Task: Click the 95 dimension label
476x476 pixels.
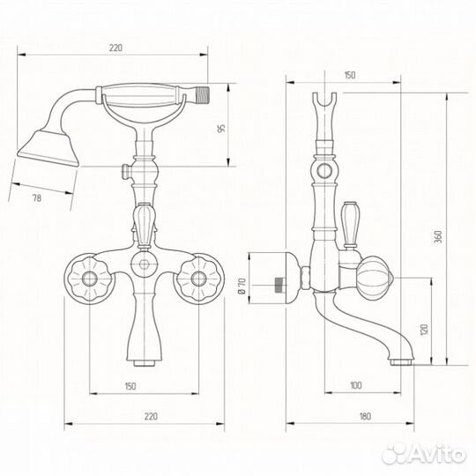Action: (222, 128)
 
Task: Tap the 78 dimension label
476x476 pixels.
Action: (37, 198)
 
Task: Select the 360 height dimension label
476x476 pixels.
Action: (438, 236)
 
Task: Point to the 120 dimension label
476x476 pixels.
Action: (424, 330)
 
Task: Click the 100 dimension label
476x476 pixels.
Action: (356, 385)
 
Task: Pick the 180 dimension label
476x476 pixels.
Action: (365, 415)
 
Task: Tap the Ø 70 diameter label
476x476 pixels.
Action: (242, 286)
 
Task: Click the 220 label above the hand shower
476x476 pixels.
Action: (115, 48)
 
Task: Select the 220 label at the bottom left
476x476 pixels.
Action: (151, 416)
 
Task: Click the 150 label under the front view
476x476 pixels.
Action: (130, 386)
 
